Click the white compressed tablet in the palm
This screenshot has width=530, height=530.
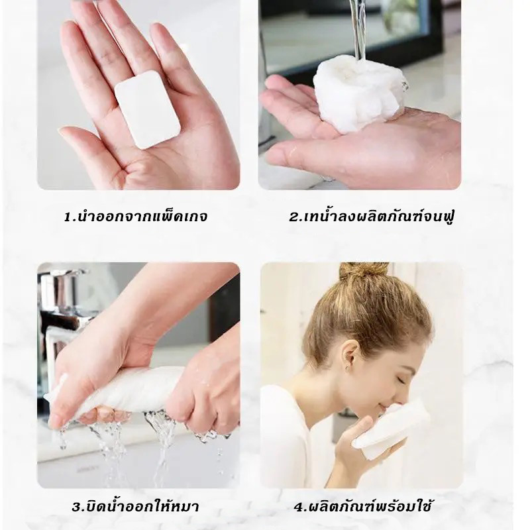click(x=148, y=109)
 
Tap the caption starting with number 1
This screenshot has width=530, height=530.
click(x=136, y=217)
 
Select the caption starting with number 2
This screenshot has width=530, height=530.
click(x=371, y=216)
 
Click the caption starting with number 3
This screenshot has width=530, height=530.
click(x=135, y=507)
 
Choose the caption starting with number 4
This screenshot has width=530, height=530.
click(x=362, y=507)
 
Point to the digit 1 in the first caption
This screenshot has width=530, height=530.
click(x=68, y=217)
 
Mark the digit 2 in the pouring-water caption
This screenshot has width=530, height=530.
click(x=293, y=217)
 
